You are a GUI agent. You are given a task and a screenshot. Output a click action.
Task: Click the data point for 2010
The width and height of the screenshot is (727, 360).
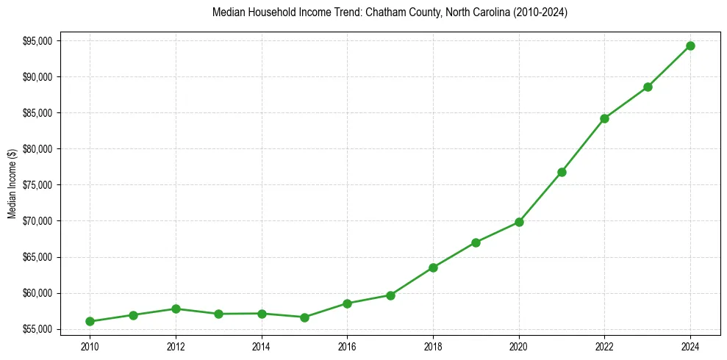(90, 321)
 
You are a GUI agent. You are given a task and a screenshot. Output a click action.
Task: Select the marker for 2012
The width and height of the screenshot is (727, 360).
(176, 309)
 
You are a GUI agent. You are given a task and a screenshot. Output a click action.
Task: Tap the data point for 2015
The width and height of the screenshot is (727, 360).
(304, 317)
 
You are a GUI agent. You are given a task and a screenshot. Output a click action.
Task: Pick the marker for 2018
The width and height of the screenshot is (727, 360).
(433, 267)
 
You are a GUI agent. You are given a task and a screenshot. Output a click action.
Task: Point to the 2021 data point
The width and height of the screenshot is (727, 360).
(562, 172)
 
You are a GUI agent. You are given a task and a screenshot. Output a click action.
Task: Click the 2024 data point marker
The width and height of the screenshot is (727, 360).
(690, 46)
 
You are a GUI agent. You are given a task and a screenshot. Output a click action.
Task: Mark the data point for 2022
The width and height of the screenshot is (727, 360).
(604, 118)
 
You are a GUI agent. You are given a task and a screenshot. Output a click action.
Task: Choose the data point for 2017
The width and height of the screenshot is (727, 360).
(390, 295)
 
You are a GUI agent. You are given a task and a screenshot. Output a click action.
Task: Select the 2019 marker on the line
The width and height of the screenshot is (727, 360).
(476, 242)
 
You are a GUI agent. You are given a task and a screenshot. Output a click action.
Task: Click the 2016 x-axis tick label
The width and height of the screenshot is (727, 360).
(347, 345)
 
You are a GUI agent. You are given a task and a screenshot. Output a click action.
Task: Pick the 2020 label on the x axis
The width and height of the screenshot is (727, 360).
(519, 345)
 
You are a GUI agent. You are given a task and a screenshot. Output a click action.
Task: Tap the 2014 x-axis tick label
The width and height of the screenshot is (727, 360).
(261, 345)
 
